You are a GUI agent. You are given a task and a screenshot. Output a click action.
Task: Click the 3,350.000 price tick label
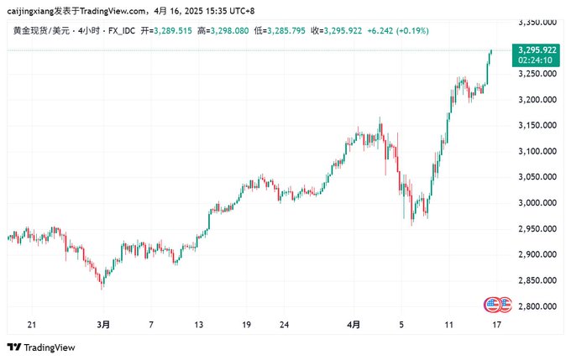click(538, 22)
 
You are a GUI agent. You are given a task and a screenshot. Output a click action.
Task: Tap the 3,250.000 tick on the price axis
click(538, 74)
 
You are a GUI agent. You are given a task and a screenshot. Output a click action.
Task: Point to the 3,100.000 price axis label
click(538, 151)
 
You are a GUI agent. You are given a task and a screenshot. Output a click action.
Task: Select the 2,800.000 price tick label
click(538, 306)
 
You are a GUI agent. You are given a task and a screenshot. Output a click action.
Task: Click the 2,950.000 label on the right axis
click(538, 228)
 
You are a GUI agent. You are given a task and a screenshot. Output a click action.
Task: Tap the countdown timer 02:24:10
click(535, 60)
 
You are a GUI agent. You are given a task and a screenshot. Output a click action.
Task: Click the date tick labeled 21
click(32, 324)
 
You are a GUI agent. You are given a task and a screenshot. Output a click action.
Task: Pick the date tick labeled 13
click(198, 324)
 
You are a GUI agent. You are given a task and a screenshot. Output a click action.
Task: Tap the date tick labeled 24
click(285, 324)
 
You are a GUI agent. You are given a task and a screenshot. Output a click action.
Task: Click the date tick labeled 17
click(496, 324)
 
